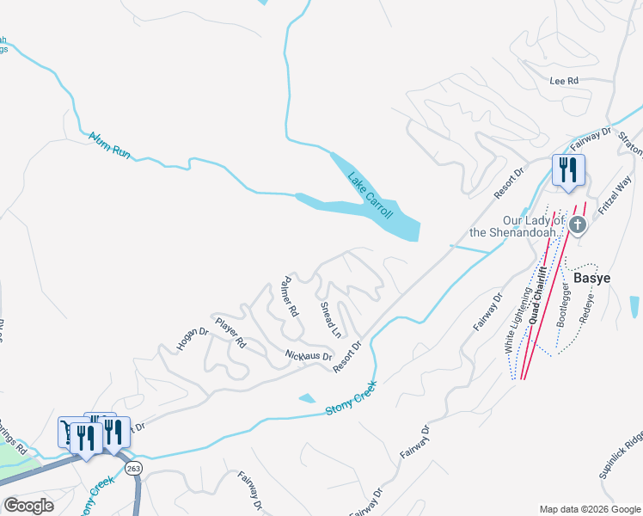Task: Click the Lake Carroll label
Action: click(x=370, y=195)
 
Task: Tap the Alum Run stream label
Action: click(x=109, y=144)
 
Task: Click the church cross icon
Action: click(x=578, y=225)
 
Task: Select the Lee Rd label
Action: click(x=564, y=81)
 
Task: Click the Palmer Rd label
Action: click(x=288, y=298)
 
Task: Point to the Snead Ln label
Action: click(x=331, y=319)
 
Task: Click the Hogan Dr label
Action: click(x=193, y=339)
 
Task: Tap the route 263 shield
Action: click(x=133, y=468)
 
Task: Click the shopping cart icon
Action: click(x=69, y=431)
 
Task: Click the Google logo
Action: click(x=29, y=506)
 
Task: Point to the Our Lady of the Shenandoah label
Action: click(x=518, y=226)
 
